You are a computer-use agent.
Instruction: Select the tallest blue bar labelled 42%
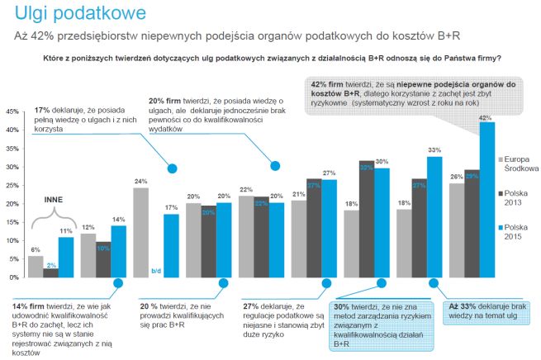[x=486, y=198]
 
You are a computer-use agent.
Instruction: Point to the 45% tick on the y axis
[x=13, y=111]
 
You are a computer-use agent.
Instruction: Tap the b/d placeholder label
[x=154, y=270]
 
